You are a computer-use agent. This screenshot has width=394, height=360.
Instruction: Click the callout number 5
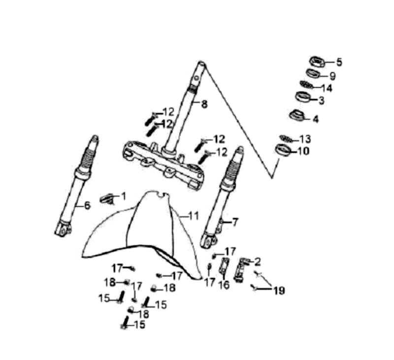(339, 62)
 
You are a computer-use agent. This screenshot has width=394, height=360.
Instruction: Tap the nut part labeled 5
(317, 62)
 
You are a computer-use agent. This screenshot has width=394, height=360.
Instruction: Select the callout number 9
(333, 76)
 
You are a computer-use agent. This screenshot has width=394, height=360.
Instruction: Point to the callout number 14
(327, 88)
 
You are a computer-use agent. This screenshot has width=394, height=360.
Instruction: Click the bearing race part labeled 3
(303, 97)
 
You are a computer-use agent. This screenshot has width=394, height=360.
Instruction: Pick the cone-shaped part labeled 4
(297, 115)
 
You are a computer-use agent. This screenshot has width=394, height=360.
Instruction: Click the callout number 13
(305, 139)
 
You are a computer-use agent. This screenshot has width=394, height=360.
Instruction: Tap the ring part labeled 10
(283, 150)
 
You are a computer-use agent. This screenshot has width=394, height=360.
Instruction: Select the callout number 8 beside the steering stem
(204, 104)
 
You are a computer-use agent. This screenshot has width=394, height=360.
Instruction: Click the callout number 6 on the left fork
(87, 205)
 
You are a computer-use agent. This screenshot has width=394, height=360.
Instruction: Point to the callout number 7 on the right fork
(235, 222)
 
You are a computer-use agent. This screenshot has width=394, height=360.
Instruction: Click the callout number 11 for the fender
(194, 216)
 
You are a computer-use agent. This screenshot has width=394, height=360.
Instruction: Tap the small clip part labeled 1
(107, 199)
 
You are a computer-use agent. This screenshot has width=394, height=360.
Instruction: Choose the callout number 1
(124, 196)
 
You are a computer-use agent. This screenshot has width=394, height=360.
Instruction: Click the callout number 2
(258, 262)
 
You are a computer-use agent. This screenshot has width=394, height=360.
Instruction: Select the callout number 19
(279, 291)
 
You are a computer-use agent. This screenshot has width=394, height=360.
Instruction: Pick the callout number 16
(224, 285)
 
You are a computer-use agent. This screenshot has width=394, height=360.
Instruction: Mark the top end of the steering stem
(201, 63)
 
